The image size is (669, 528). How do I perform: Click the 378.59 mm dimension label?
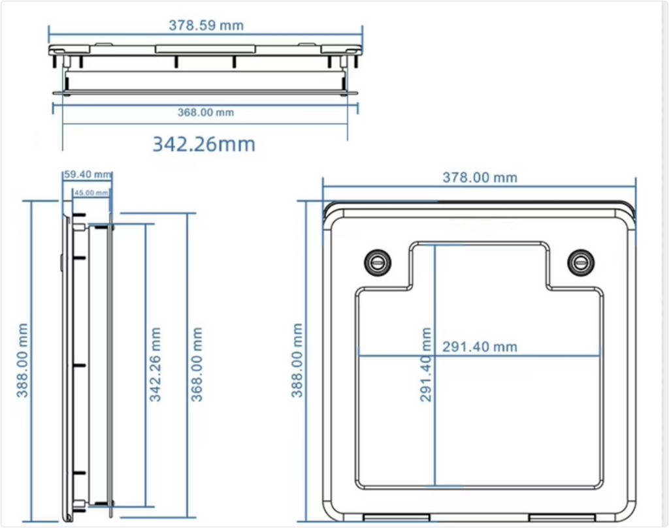coord(206,25)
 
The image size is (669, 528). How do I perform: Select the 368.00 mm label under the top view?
coord(206,112)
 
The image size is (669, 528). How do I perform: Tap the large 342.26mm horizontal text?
coord(204,144)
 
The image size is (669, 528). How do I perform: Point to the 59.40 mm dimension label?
coord(88,174)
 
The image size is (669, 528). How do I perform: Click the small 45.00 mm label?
coord(91,193)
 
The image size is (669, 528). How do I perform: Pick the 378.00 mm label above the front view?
coord(480,178)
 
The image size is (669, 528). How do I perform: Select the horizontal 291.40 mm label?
coord(480,347)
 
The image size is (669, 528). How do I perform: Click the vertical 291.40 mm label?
coord(426,364)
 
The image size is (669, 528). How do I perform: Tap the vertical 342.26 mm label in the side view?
coord(155,364)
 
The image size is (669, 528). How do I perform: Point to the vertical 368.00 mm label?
coord(196,364)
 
